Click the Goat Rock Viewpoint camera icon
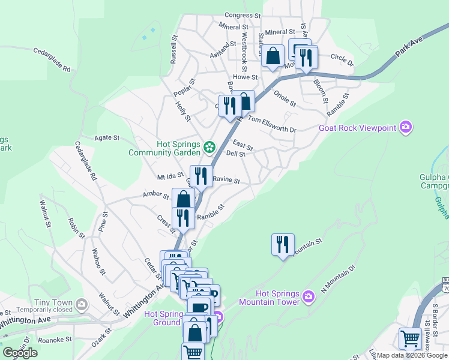pos(406,127)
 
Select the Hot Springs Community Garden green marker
pos(209,146)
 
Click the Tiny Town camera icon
pos(81,304)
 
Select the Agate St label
pos(108,138)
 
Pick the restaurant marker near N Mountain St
pos(283,244)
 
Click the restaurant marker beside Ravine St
pos(201,176)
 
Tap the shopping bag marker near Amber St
pos(183,199)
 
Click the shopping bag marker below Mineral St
pos(273,56)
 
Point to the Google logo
pos(20,352)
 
